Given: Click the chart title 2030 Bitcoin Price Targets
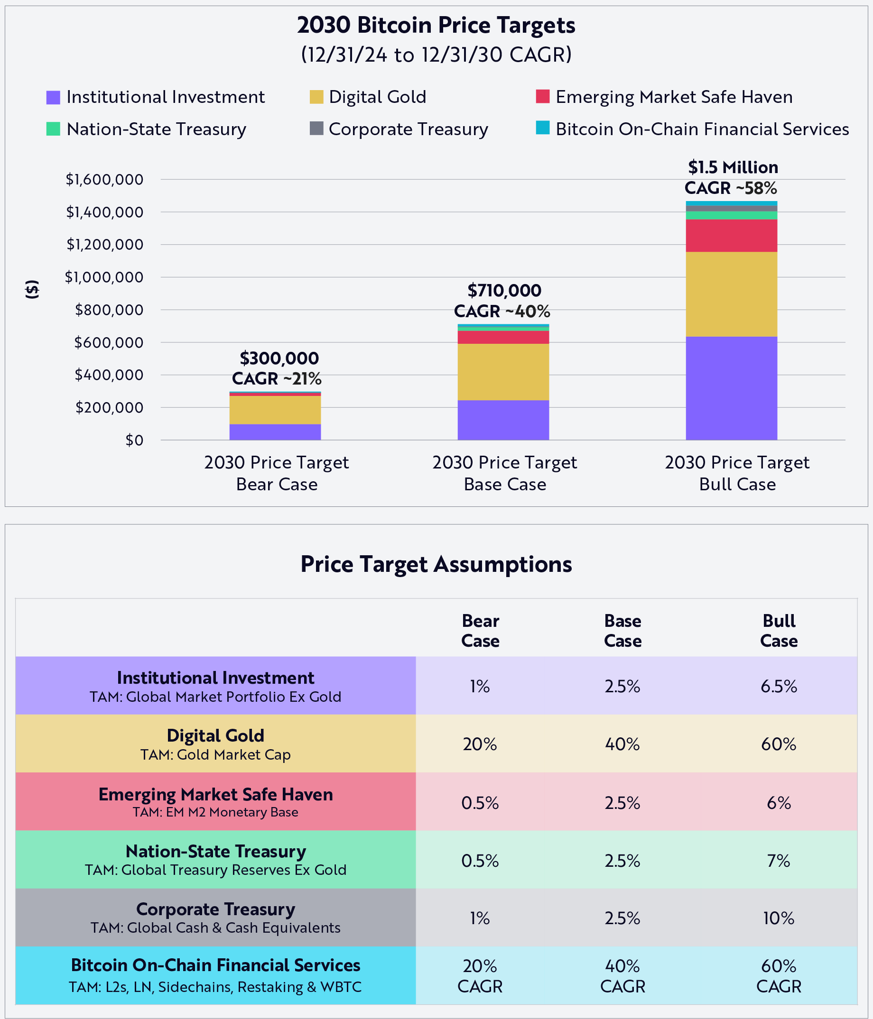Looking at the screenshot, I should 436,25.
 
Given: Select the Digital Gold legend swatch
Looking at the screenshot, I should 316,97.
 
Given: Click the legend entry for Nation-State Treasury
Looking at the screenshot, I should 156,129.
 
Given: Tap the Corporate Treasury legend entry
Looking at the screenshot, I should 408,129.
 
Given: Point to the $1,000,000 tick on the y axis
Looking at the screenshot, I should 104,277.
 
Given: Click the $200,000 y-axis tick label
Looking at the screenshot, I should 109,408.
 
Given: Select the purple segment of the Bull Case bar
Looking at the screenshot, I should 731,388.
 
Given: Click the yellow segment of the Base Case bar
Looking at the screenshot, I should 503,372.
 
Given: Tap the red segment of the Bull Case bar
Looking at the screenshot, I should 731,236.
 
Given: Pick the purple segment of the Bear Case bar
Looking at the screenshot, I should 275,432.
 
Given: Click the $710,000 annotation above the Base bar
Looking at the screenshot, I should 504,291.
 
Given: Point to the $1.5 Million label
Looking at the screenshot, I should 733,168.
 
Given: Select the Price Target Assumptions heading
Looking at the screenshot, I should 436,564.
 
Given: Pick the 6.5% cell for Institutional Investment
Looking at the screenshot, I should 779,686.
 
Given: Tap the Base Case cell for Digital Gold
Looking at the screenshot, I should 622,744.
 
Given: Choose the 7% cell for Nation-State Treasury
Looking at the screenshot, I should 779,861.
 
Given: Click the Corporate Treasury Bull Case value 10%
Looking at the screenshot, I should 779,918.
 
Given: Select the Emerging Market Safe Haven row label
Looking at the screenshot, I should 215,802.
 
